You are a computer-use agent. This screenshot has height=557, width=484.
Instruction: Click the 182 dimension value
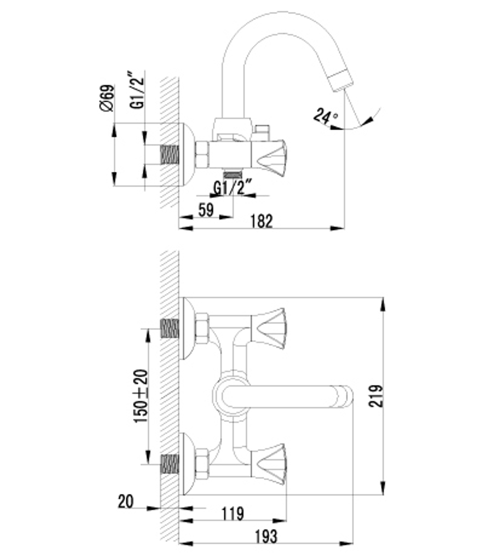coord(262,221)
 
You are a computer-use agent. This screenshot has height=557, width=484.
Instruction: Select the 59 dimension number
coord(206,210)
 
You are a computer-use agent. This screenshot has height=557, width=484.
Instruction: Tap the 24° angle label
coord(325,116)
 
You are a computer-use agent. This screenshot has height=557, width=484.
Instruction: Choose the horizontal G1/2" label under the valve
coord(233,188)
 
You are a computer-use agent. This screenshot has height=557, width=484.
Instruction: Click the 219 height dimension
coord(376,395)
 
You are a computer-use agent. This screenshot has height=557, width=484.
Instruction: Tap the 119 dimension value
coord(233,513)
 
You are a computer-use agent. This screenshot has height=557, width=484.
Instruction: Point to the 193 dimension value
coord(265,536)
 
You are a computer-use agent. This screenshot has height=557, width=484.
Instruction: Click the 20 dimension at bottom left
coord(125,502)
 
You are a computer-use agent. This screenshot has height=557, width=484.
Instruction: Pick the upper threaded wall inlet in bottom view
coord(169,328)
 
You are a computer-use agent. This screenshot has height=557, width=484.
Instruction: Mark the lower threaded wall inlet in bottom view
coord(169,464)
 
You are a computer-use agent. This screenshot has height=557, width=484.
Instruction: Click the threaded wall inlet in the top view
coord(169,155)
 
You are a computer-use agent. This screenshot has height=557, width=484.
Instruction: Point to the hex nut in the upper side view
coord(201,155)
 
